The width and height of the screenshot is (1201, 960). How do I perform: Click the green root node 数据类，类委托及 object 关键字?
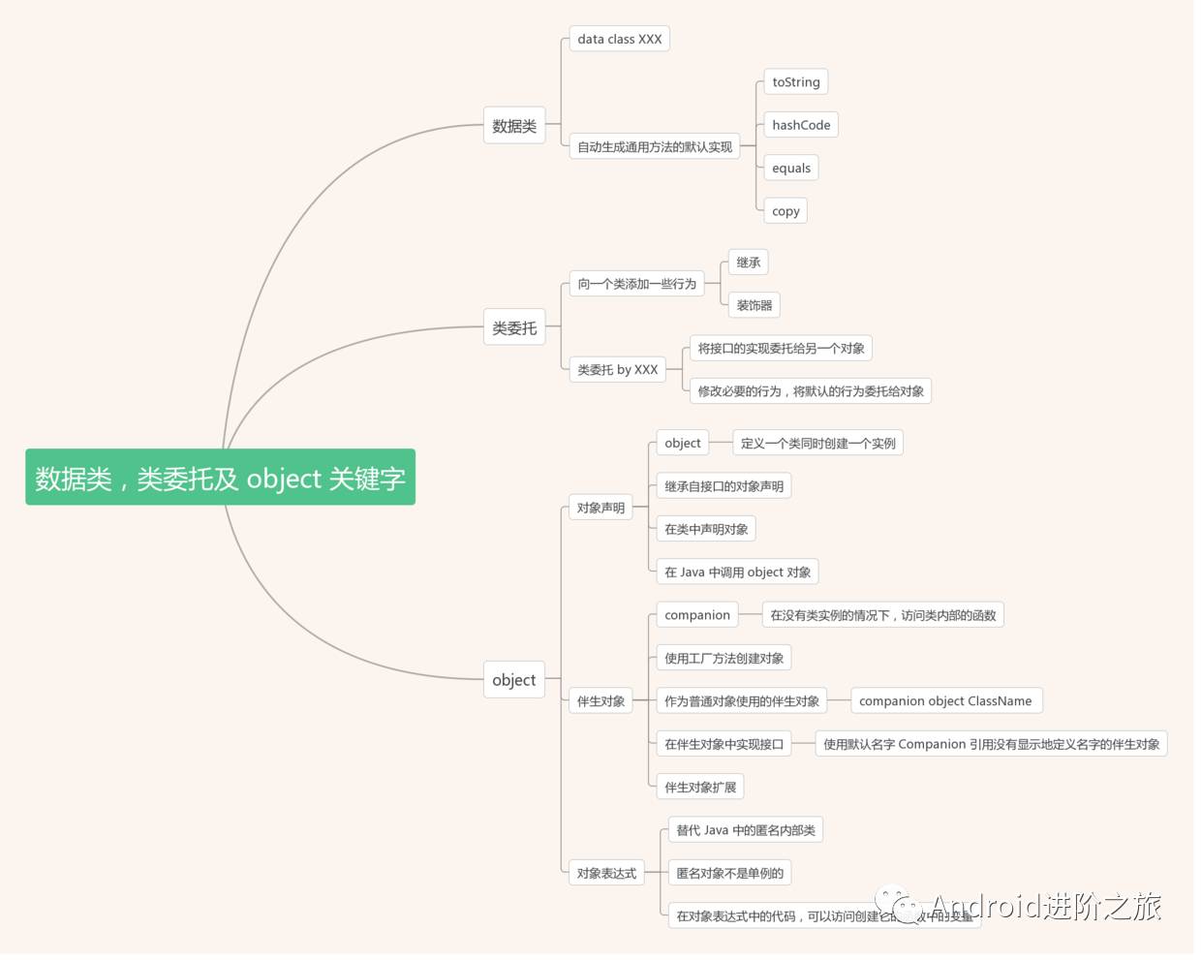tap(220, 477)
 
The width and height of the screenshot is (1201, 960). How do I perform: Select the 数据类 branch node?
tap(514, 126)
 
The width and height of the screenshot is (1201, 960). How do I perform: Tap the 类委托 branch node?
tap(514, 328)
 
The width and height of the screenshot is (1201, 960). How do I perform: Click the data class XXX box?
tap(619, 40)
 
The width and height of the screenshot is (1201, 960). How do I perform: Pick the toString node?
tap(795, 82)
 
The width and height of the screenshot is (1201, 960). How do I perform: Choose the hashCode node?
tap(801, 125)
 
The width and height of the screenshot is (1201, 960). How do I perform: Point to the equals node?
tap(791, 169)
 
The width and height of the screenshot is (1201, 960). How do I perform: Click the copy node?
tap(785, 211)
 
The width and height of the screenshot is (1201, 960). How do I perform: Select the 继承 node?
tap(748, 263)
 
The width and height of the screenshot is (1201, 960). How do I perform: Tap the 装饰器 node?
tap(754, 305)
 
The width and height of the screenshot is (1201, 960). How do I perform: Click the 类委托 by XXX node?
tap(617, 370)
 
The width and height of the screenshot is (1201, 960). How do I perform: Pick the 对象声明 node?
tap(600, 508)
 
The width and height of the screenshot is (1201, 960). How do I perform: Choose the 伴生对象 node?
tap(600, 701)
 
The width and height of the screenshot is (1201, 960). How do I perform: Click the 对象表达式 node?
tap(606, 874)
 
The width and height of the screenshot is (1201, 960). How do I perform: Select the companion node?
tap(697, 615)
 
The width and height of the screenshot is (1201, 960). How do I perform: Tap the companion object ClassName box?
tap(945, 701)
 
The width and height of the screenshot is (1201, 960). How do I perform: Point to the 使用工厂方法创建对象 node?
tap(724, 659)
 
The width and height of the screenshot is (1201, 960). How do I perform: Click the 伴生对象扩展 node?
tap(700, 788)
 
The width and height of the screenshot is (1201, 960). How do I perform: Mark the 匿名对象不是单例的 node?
tap(729, 874)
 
